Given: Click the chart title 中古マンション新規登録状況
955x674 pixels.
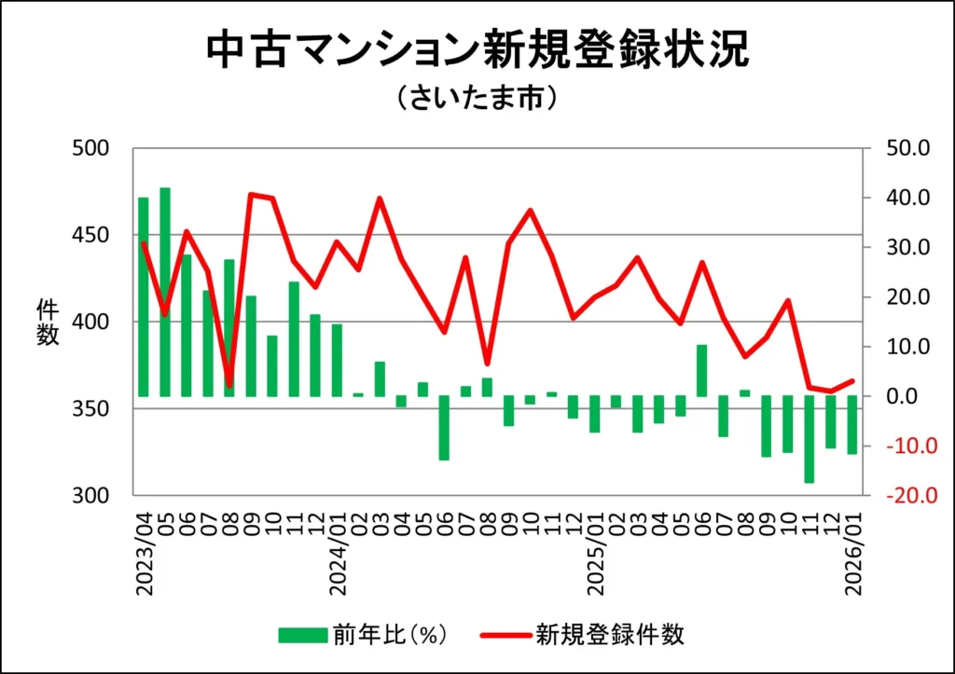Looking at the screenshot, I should (477, 52).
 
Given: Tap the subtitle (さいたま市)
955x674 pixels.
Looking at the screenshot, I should (477, 99).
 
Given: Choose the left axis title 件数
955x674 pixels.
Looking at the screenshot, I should (48, 322).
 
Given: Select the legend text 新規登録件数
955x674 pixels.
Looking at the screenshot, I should (610, 636).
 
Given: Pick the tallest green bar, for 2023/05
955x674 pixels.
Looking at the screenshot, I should (165, 292).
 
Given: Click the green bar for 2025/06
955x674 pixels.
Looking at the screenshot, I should (702, 370).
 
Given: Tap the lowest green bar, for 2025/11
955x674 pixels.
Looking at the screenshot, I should (810, 439).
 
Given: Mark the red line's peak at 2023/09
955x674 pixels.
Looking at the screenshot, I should (252, 194).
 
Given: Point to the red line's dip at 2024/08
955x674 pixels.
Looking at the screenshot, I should (487, 363).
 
